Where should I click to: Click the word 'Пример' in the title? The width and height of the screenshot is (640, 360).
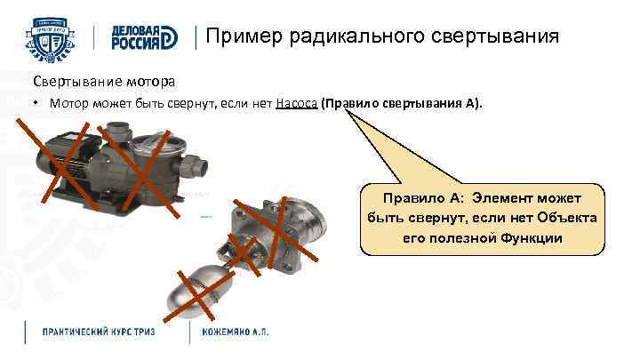[x=237, y=37]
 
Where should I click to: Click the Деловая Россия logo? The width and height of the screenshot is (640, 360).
[x=143, y=37]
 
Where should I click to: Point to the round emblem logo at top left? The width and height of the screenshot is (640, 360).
[x=53, y=36]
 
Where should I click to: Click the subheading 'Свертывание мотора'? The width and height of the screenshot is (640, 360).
[x=99, y=82]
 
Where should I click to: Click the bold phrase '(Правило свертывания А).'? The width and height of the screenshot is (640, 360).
[x=404, y=103]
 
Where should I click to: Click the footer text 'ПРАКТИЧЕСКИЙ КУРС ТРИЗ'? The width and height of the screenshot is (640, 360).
[x=99, y=332]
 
